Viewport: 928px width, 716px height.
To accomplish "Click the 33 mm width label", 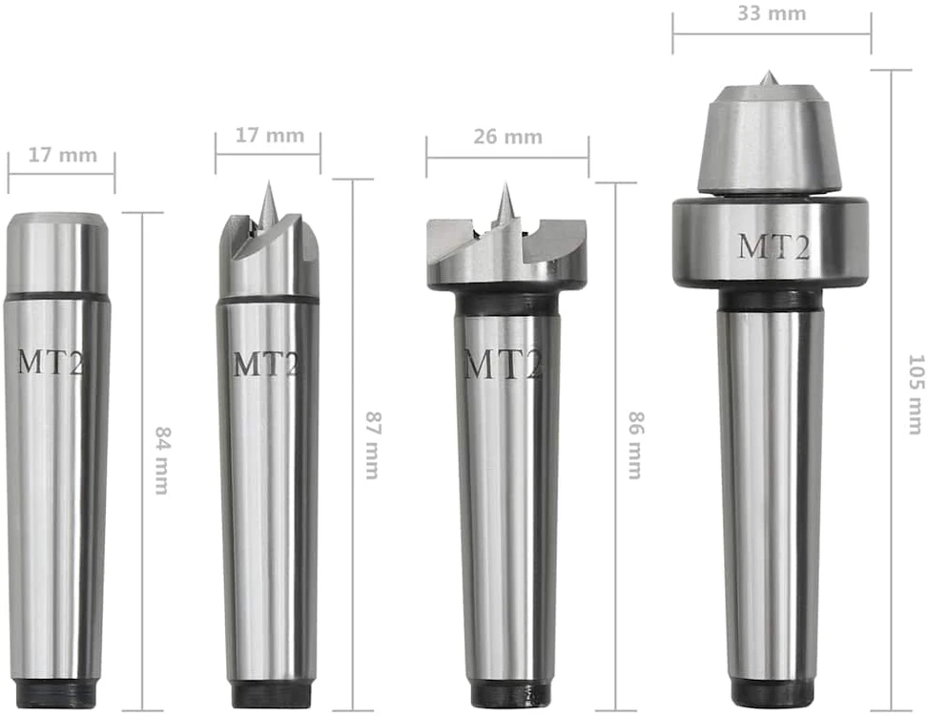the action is [x=772, y=13].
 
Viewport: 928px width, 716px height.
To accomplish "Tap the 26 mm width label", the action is [x=507, y=137].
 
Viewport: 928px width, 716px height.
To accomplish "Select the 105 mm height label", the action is [x=915, y=394].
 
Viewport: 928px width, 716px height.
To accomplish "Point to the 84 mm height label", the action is [x=161, y=460].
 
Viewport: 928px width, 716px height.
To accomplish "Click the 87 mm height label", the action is [x=373, y=446].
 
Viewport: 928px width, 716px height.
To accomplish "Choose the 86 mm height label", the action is [x=635, y=446].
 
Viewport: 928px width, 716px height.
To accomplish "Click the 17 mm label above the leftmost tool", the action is [x=62, y=156].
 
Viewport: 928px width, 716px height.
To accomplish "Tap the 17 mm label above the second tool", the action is [x=270, y=135].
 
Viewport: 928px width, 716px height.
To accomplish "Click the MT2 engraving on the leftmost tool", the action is [x=50, y=362].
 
